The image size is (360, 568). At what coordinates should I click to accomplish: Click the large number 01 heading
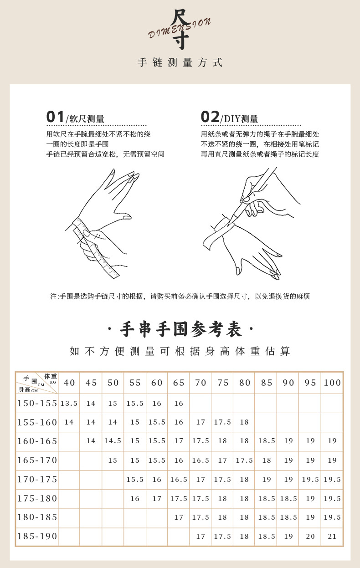[x=56, y=117]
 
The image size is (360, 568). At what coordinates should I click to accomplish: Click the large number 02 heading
[x=210, y=117]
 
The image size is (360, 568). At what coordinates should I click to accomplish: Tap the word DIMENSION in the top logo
[x=180, y=28]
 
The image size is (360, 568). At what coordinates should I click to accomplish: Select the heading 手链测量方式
[x=180, y=63]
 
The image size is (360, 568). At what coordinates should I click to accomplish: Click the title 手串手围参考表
[x=180, y=329]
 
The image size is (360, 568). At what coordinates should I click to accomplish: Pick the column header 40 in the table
[x=69, y=383]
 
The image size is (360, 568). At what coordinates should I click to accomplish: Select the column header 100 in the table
[x=332, y=383]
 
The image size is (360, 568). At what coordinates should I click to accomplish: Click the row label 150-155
[x=37, y=403]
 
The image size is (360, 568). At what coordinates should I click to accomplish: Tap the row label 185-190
[x=37, y=537]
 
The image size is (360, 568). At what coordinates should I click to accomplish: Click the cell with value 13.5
[x=69, y=403]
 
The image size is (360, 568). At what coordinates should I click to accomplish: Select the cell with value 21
[x=332, y=537]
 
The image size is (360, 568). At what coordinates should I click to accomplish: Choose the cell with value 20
[x=310, y=537]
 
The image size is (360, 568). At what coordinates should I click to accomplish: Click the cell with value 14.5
[x=113, y=441]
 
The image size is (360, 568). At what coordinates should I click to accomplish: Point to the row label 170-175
[x=37, y=479]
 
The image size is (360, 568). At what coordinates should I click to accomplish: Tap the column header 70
[x=201, y=383]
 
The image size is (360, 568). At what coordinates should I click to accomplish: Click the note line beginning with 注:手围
[x=180, y=296]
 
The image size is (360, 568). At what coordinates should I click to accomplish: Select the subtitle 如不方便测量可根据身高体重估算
[x=180, y=351]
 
